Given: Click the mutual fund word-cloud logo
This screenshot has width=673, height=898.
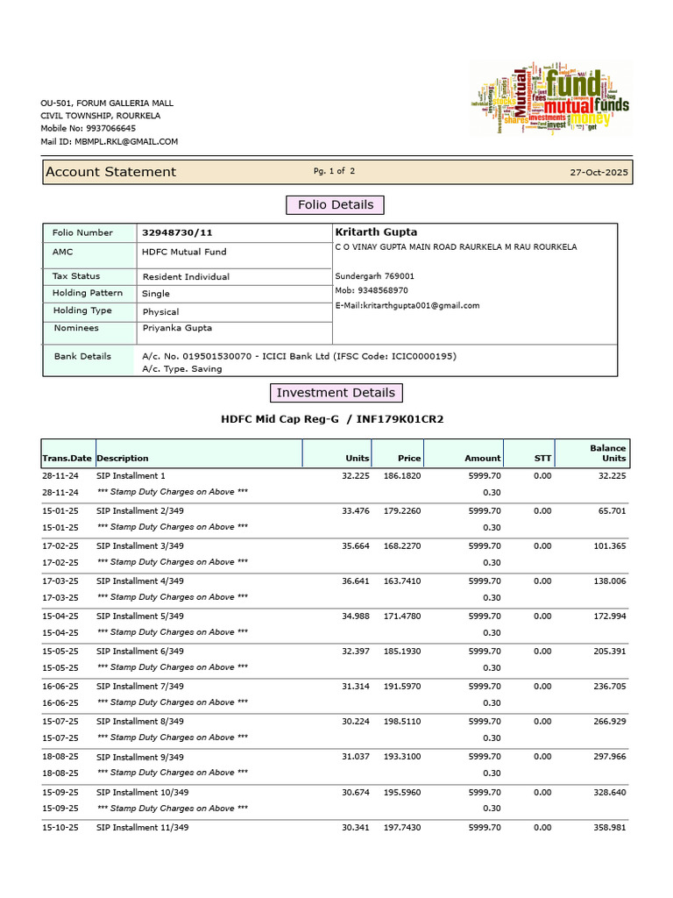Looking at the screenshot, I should point(549,99).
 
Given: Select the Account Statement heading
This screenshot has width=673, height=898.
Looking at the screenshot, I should point(110,172).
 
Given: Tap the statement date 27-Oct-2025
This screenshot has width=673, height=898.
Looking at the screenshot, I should point(599,173).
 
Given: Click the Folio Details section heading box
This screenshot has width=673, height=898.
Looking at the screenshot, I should point(336,205).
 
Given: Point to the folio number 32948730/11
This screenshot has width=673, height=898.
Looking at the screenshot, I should point(177,232).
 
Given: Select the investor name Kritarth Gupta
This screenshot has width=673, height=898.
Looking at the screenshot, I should point(376,232).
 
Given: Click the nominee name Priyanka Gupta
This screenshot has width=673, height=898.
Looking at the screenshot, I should point(177,328).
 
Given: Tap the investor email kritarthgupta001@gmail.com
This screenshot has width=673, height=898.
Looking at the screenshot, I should point(407,305).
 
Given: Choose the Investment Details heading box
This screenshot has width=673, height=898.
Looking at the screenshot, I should point(336,393).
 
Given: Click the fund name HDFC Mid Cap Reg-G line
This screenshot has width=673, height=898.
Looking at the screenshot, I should point(332,419).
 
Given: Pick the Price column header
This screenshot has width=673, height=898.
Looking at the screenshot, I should point(408,458).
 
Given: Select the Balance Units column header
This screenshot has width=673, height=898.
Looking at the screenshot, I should point(607,453).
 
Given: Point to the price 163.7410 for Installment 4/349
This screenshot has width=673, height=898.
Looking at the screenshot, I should point(401,581).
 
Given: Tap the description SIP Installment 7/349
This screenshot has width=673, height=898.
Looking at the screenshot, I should point(140,686).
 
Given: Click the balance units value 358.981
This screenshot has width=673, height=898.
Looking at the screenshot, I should point(607,827).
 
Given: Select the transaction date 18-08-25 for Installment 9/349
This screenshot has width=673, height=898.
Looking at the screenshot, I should point(60,756).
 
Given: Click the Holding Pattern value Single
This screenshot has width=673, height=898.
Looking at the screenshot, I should point(156,294).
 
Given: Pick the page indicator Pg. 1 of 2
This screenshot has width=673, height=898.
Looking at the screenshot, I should point(334,171).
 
